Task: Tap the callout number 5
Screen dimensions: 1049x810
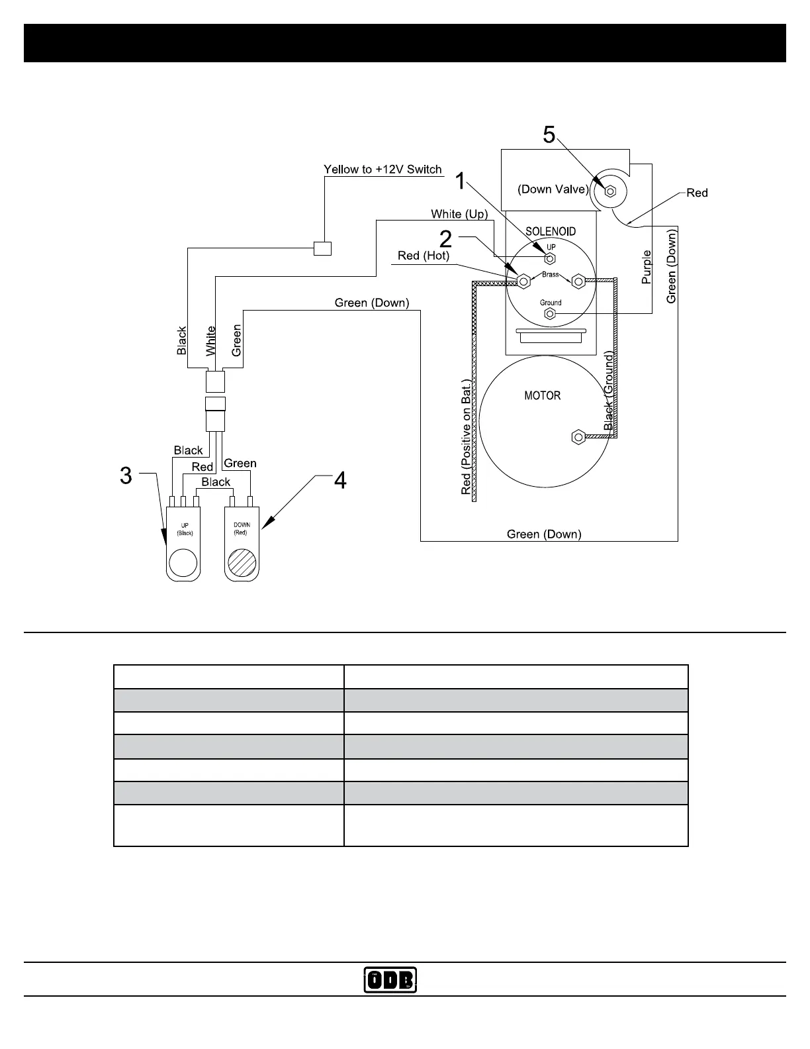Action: pos(549,134)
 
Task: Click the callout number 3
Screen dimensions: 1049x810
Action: pos(126,475)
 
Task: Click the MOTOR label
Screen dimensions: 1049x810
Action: pos(542,395)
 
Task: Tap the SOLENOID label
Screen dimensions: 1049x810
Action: pos(551,231)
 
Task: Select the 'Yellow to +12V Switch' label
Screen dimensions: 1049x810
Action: pos(382,170)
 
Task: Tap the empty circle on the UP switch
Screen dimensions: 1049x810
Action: pos(183,563)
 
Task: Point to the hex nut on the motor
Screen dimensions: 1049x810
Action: pos(577,437)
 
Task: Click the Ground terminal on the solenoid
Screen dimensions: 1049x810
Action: pos(549,315)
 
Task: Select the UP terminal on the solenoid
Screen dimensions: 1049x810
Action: pos(549,258)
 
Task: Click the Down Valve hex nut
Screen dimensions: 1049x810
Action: pos(611,192)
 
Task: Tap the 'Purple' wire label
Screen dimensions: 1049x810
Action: pos(647,267)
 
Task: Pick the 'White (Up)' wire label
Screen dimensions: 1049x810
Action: pos(459,214)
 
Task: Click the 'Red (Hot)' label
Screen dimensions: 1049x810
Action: pos(424,256)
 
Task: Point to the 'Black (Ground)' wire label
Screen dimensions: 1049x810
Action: pos(609,391)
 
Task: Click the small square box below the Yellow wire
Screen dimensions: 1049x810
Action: pos(322,248)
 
